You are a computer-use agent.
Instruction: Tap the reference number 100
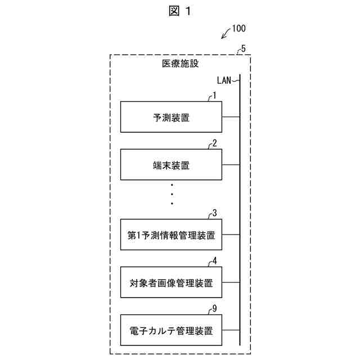pyautogui.click(x=238, y=28)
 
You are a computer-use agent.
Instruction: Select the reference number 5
pyautogui.click(x=242, y=48)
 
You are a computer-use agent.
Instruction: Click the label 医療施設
pyautogui.click(x=180, y=64)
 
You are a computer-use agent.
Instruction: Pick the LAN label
pyautogui.click(x=225, y=80)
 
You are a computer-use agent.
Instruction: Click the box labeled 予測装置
pyautogui.click(x=171, y=117)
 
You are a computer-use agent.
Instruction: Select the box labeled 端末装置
pyautogui.click(x=171, y=165)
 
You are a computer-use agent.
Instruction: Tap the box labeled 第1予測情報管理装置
pyautogui.click(x=171, y=236)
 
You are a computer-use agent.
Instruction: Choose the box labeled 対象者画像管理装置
pyautogui.click(x=171, y=283)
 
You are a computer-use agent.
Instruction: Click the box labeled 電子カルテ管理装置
pyautogui.click(x=171, y=330)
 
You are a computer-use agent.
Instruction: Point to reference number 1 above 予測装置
pyautogui.click(x=214, y=96)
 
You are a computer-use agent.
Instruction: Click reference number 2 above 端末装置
pyautogui.click(x=214, y=143)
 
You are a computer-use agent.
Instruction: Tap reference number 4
pyautogui.click(x=214, y=261)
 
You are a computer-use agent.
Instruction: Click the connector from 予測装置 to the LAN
pyautogui.click(x=231, y=117)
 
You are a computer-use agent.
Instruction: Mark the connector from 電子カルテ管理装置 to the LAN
pyautogui.click(x=231, y=330)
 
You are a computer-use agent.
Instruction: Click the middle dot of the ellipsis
pyautogui.click(x=172, y=194)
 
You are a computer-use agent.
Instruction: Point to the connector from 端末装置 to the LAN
pyautogui.click(x=231, y=165)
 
